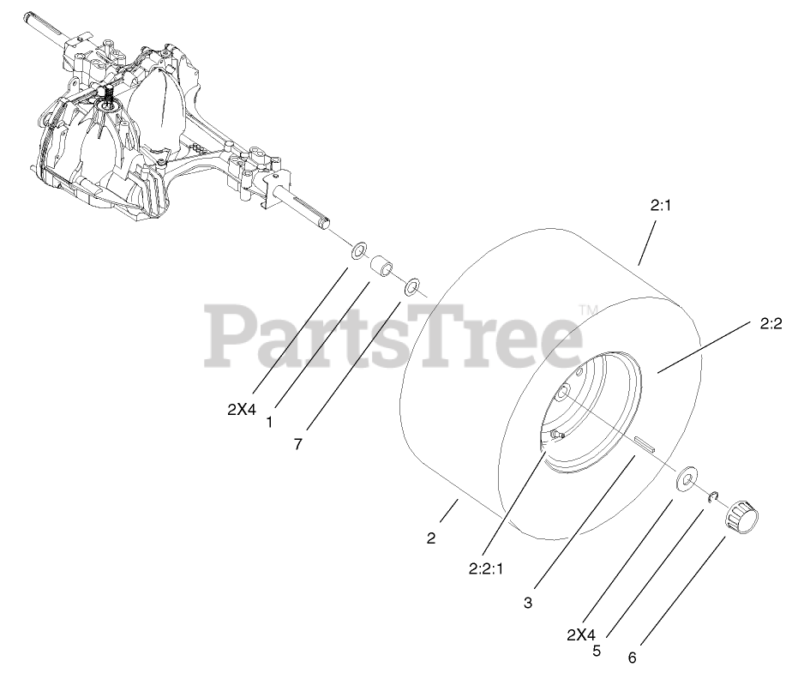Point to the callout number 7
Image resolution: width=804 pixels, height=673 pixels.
pos(297,446)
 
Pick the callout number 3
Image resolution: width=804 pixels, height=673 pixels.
pos(528,603)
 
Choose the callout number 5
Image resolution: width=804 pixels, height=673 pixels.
pos(596,651)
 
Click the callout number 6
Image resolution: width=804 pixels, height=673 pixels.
pos(632,658)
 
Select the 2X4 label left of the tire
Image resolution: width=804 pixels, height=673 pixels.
pos(242,409)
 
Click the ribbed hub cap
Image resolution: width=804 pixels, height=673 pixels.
pos(742,516)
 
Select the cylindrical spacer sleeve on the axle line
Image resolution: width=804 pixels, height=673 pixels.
pos(382,267)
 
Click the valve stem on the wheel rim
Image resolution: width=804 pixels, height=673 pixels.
pos(556,436)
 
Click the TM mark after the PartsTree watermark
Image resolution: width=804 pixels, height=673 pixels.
pos(587,309)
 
